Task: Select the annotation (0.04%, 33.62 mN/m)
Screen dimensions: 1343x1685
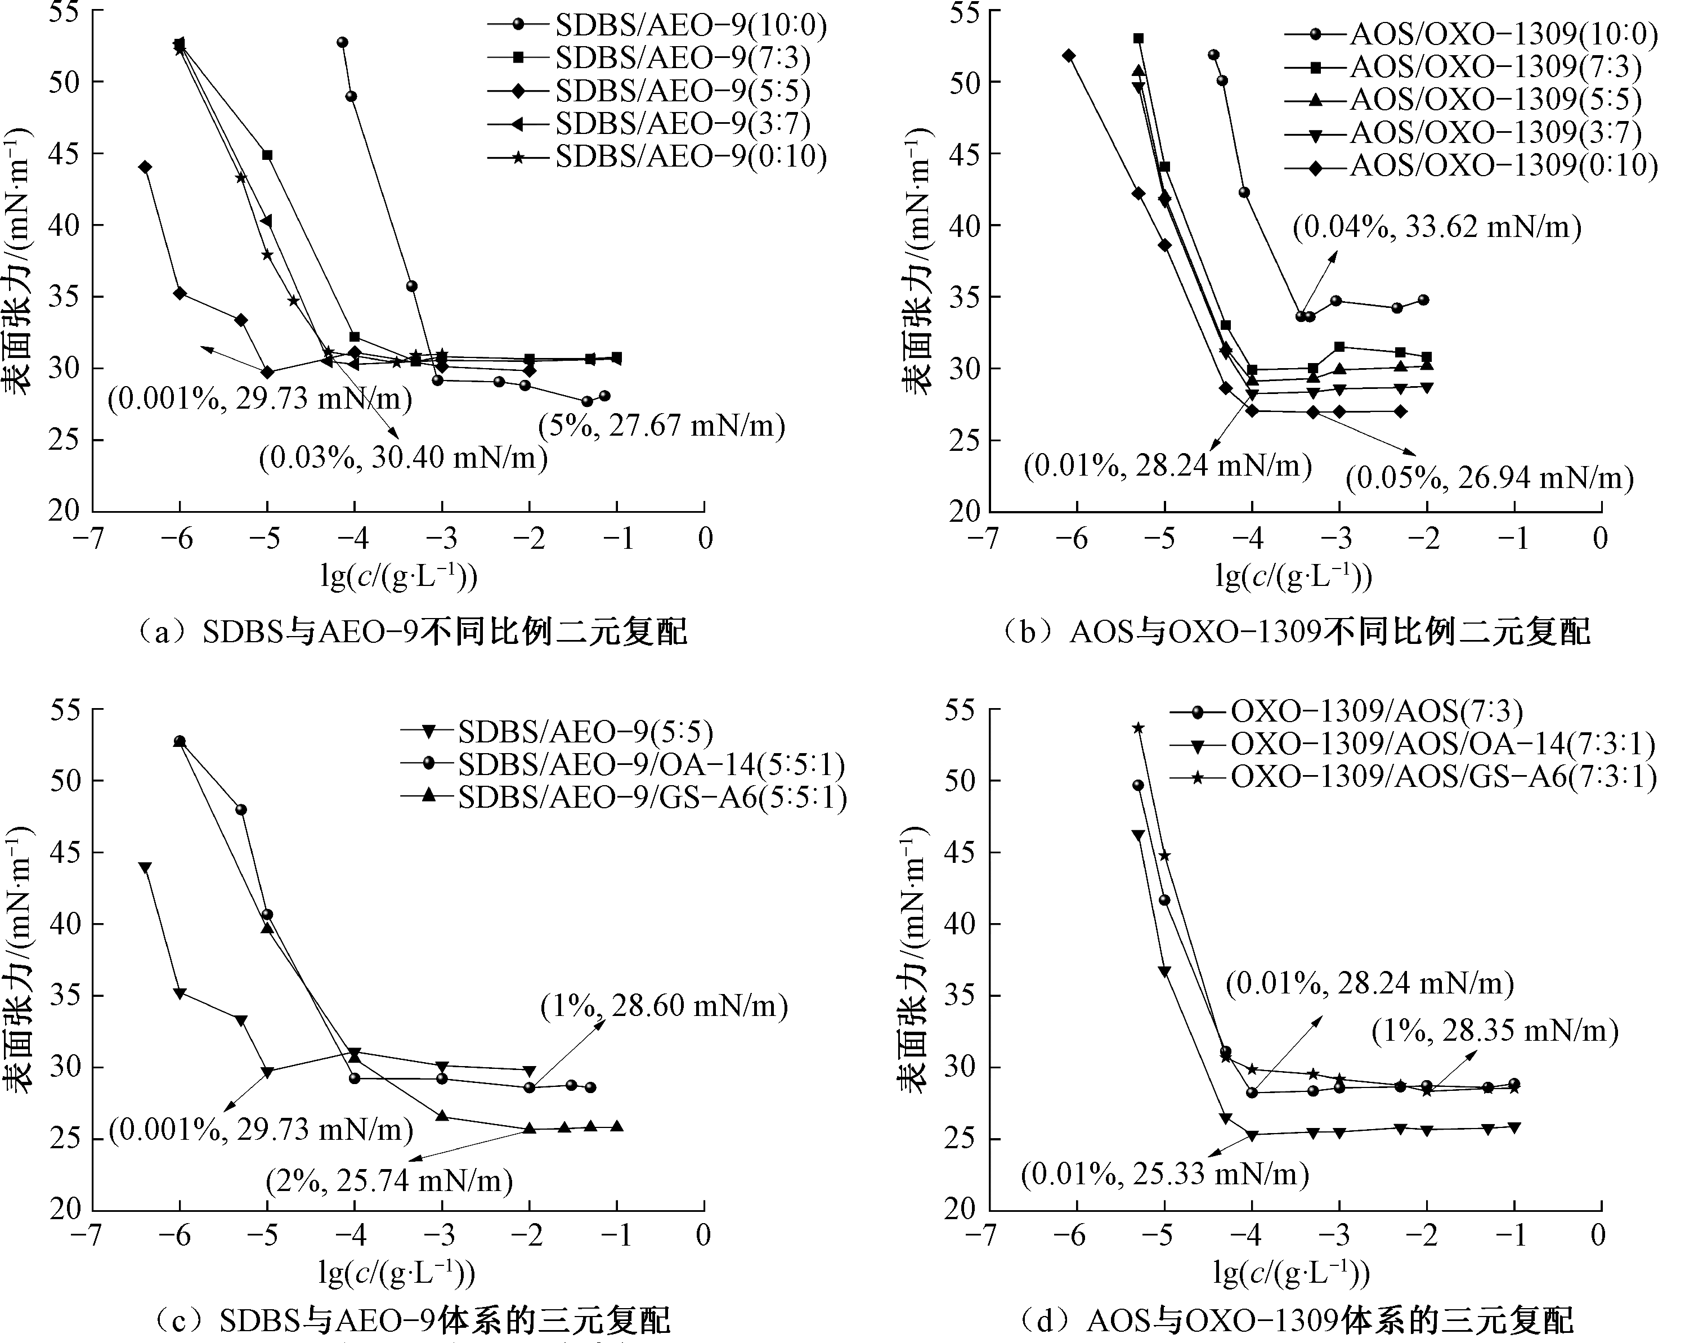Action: coord(1436,227)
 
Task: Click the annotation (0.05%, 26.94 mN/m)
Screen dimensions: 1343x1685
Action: coord(1489,478)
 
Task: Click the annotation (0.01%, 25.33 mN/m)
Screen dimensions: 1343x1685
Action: coord(1164,1174)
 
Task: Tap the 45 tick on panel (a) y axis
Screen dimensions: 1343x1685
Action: coord(64,153)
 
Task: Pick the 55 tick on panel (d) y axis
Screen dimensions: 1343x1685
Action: coord(960,711)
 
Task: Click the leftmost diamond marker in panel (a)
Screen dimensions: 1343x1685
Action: coord(145,167)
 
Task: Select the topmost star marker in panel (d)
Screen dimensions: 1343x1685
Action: coord(1138,728)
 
